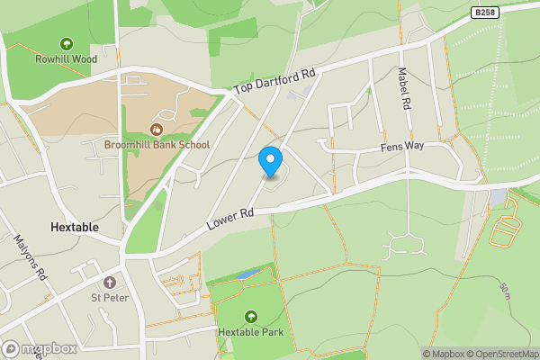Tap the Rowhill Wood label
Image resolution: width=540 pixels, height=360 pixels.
click(x=66, y=59)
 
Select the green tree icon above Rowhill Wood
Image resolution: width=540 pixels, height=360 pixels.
click(x=66, y=43)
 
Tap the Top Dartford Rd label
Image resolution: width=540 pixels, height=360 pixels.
click(x=274, y=82)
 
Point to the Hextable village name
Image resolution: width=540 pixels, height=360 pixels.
click(x=76, y=228)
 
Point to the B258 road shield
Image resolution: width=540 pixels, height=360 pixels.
click(x=485, y=12)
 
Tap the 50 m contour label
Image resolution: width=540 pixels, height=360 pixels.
click(x=508, y=292)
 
